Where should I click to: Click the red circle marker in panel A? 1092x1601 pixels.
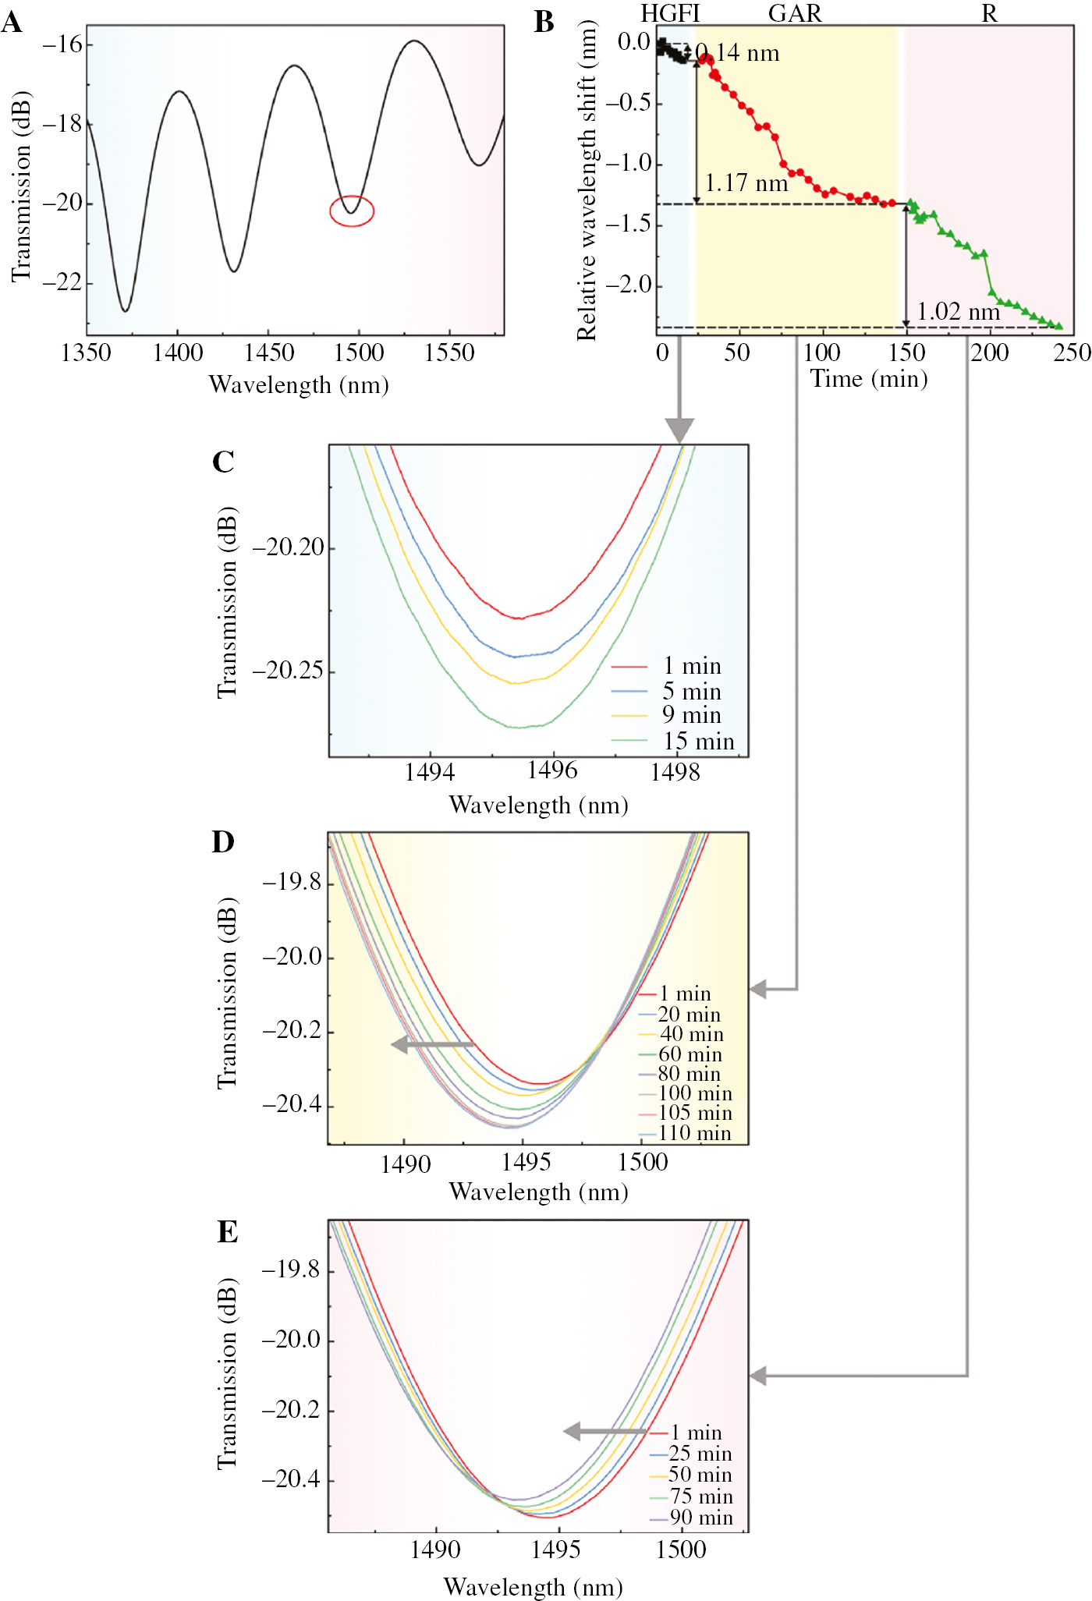coord(352,211)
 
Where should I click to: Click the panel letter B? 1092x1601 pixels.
coord(544,23)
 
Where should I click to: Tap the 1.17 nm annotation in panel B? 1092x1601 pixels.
coord(746,183)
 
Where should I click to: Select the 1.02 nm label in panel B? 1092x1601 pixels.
coord(958,312)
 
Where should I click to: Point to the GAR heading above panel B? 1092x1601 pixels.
coord(795,12)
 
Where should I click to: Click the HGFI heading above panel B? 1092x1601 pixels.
coord(670,12)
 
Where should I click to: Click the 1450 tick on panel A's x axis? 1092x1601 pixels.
coord(269,353)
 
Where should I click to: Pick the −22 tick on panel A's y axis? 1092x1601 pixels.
coord(62,282)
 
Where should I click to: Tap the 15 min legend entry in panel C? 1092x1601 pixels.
coord(698,741)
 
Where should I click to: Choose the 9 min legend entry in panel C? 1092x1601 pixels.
coord(691,715)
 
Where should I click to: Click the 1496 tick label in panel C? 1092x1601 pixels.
coord(552,770)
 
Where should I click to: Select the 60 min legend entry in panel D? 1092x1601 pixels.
coord(690,1054)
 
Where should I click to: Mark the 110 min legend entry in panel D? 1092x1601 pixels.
coord(694,1133)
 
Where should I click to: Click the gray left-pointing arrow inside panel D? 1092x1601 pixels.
coord(431,1044)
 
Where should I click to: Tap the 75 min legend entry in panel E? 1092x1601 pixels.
coord(700,1497)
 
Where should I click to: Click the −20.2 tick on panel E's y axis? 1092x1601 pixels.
coord(290,1410)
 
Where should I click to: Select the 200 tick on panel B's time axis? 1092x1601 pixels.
coord(989,353)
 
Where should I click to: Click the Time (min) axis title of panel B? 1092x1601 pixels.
coord(868,379)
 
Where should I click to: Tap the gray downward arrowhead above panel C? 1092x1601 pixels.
coord(679,430)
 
